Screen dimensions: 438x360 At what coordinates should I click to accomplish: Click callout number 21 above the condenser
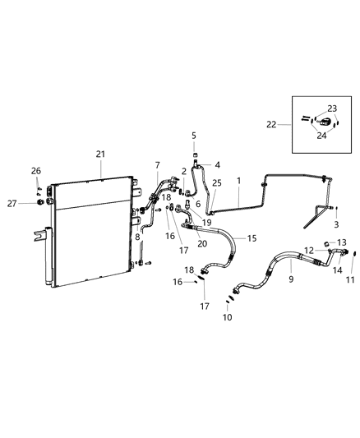(x=100, y=154)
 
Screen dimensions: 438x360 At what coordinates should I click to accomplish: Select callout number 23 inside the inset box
(x=332, y=108)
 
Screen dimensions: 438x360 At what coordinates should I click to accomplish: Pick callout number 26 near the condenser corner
(x=35, y=170)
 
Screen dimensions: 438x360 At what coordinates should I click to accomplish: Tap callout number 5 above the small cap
(x=195, y=136)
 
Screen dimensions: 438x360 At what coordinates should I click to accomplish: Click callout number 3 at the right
(x=335, y=224)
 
